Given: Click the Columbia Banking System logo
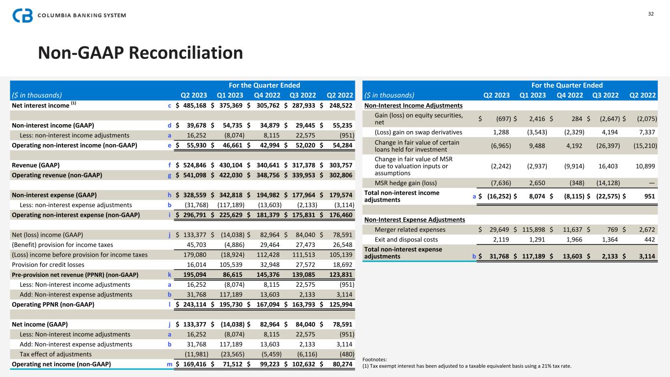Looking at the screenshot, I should point(69,15).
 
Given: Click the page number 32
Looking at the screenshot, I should point(651,13).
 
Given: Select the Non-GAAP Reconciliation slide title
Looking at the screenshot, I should point(140,53).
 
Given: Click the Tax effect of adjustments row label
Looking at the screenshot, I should point(55,354).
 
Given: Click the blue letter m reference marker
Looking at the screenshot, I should point(169,364).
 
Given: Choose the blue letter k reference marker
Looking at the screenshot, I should point(169,274).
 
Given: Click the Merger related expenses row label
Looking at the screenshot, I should point(410,229).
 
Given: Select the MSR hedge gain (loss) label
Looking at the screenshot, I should point(405,183).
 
